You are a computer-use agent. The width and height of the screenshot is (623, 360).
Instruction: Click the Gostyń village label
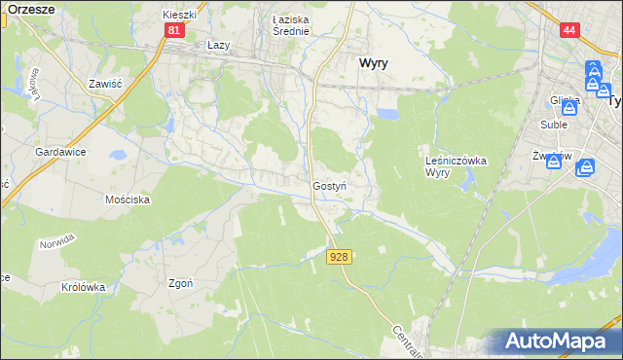coord(329,185)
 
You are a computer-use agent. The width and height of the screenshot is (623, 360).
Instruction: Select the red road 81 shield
coord(173,31)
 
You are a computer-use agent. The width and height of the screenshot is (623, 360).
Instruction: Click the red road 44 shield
coord(570,31)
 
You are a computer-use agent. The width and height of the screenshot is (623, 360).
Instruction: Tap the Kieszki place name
coord(179,16)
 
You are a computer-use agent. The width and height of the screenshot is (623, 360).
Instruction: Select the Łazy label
coord(219,45)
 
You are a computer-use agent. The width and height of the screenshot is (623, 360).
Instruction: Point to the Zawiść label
coord(102,84)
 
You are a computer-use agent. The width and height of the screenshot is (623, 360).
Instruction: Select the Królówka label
coord(82,287)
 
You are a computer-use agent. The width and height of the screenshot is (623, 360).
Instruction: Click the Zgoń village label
coord(180,284)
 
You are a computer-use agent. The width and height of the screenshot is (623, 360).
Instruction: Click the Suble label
coord(554,124)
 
